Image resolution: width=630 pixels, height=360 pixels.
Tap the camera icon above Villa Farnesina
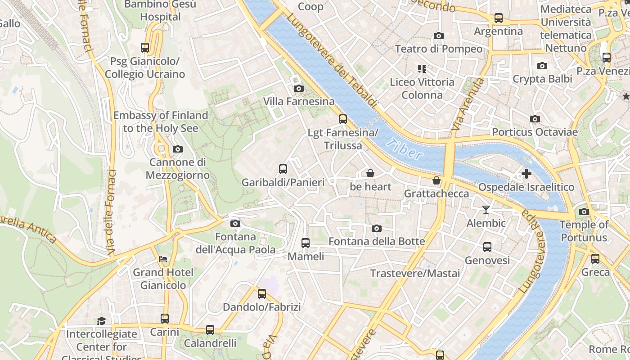pos(298,89)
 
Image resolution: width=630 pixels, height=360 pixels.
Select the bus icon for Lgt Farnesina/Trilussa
pos(343,119)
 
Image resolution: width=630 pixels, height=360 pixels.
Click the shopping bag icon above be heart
pos(370,173)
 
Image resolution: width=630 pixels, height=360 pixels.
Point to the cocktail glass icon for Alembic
pos(486,210)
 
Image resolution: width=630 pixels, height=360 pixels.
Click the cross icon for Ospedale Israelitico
pos(526,174)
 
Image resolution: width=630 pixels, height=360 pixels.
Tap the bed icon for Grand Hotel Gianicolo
pos(163,259)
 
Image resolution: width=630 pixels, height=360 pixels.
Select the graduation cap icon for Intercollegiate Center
pos(101,321)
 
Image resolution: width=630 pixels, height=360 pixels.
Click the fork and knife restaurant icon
pos(422,69)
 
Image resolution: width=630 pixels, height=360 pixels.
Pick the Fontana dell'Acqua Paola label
pos(235,243)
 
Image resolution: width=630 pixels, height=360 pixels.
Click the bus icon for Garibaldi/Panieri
pos(283,169)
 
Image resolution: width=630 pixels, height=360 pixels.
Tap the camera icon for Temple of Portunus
pos(584,211)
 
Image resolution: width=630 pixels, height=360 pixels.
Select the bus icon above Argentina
pos(498,18)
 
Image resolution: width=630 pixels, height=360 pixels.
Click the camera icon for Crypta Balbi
pos(542,66)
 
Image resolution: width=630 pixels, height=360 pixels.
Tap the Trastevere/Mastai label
pos(415,274)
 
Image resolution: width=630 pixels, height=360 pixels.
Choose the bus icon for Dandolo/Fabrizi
pos(261,294)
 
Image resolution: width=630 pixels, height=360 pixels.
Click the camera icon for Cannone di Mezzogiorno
pos(178,149)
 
